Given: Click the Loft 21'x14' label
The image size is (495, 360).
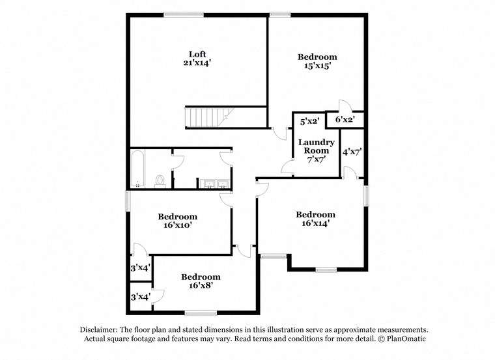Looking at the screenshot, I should [x=197, y=59].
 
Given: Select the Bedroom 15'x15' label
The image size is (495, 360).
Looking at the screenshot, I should [x=318, y=61].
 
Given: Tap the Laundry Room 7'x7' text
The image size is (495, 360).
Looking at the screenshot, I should [x=316, y=150].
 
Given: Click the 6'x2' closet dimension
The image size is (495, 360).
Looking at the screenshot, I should [x=345, y=120].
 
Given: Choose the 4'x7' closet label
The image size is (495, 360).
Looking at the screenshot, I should [x=352, y=152].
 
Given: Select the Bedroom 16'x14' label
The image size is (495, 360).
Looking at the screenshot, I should [x=315, y=219].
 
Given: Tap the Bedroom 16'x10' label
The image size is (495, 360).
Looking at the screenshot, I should [x=177, y=221].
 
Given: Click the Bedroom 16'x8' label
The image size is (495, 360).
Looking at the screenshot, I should [x=200, y=281].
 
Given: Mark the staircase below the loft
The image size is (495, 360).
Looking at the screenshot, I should [x=208, y=117].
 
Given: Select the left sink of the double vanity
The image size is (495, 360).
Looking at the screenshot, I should [x=210, y=183].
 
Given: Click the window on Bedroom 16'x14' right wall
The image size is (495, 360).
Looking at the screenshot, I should [x=366, y=195].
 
